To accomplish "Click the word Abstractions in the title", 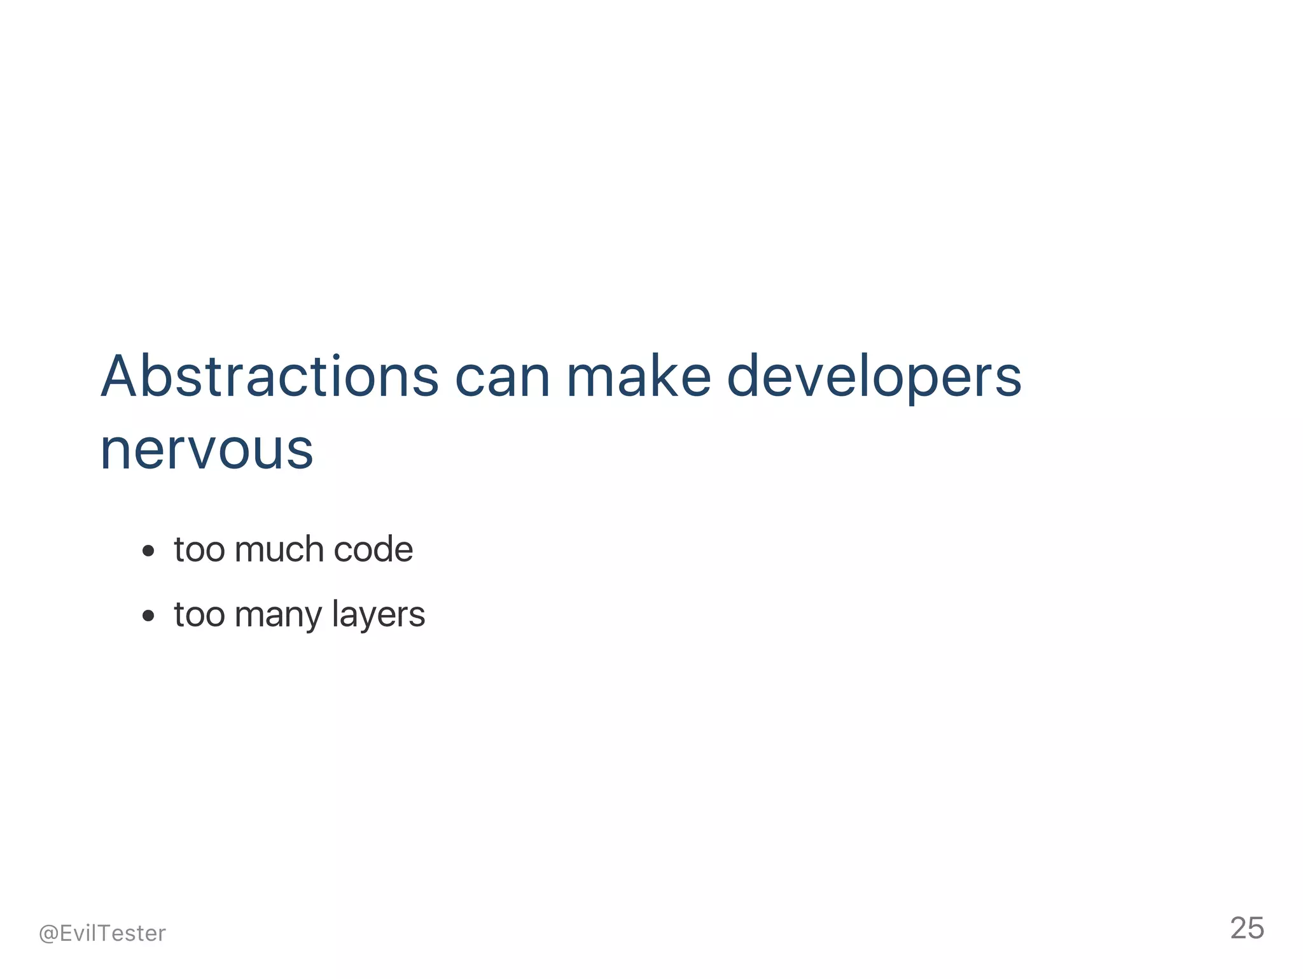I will [269, 377].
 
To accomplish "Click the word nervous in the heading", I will [207, 450].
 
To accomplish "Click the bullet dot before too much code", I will [148, 551].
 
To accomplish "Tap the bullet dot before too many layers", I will [148, 616].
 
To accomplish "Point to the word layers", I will [378, 615].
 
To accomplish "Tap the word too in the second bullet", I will [199, 615].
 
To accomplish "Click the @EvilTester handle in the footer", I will [102, 933].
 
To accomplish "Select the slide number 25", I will [1247, 928].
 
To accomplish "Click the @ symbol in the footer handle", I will [48, 934].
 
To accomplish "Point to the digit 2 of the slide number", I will [1239, 928].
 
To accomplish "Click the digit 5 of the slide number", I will [1256, 928].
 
